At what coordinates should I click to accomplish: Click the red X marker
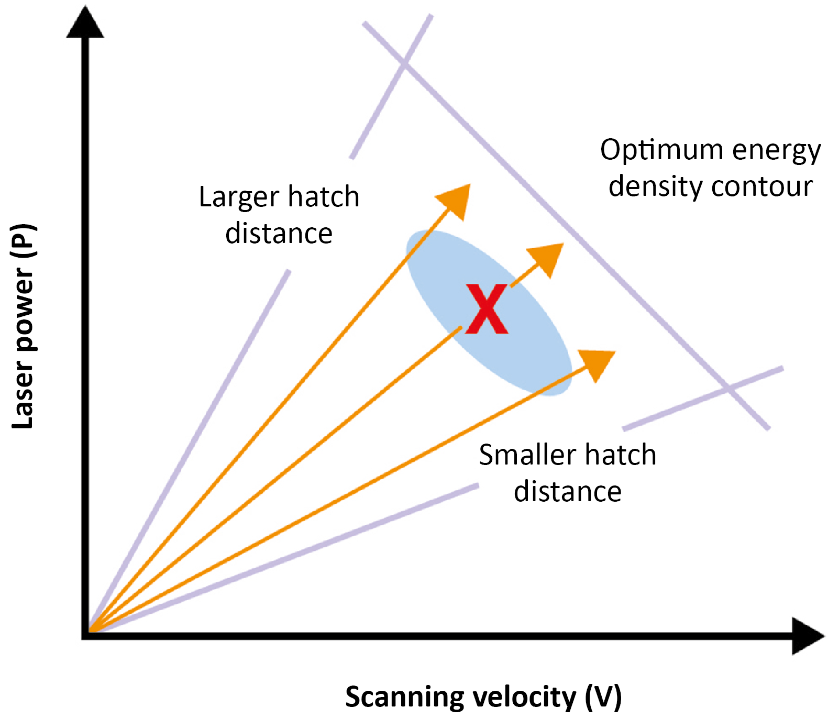[x=487, y=310]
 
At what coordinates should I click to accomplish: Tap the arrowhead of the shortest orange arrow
[x=547, y=258]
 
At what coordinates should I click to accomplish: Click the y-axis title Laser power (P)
[x=24, y=326]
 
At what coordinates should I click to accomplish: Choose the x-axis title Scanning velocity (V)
[x=483, y=697]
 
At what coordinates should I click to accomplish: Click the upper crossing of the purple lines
[x=404, y=63]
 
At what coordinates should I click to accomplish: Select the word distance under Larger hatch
[x=279, y=234]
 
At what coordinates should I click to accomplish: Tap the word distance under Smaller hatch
[x=568, y=491]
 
